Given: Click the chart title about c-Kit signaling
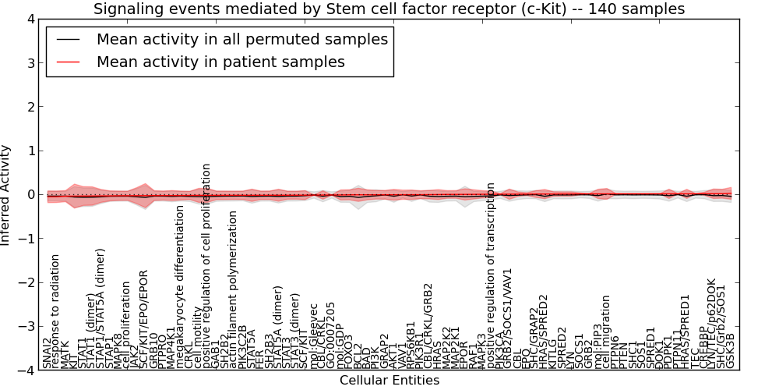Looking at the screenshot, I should tap(389, 9).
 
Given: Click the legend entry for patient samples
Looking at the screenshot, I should tap(220, 62).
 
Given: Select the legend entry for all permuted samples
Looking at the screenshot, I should tap(241, 39).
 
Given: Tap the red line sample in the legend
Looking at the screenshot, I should tap(67, 62).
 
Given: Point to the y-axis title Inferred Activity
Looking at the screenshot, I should tap(6, 195).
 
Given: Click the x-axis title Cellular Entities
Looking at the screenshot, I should tap(389, 381).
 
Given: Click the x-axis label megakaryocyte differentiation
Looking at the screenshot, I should tap(180, 286).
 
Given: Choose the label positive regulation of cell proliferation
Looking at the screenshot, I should tap(206, 265).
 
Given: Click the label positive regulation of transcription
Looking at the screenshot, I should tap(491, 275).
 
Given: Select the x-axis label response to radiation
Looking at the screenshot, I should tap(55, 310).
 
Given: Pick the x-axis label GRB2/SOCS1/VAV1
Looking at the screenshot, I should tap(508, 318).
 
